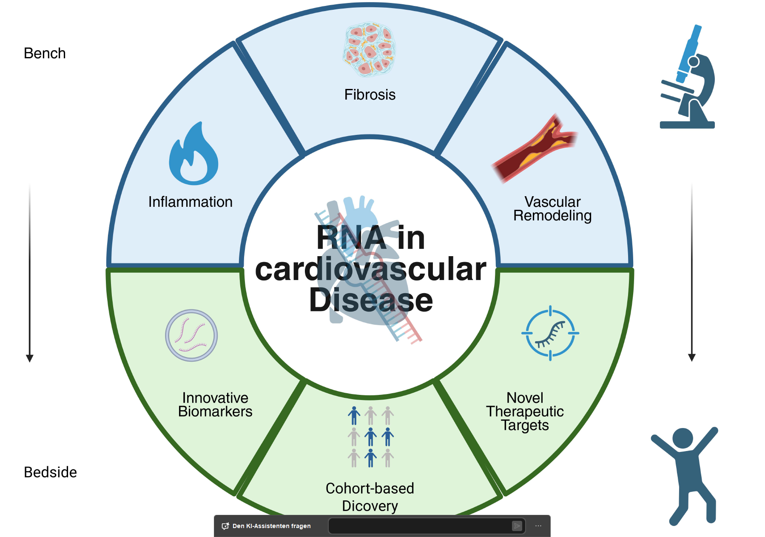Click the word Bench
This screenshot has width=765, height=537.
click(45, 54)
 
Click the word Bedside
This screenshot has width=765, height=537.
click(50, 472)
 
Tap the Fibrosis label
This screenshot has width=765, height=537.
click(370, 94)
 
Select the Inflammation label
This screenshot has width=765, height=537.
click(190, 202)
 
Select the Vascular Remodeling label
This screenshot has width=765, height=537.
click(552, 209)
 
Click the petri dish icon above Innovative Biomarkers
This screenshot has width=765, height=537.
click(191, 335)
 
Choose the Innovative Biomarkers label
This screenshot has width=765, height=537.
click(215, 405)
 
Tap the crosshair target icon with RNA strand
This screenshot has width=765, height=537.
click(550, 333)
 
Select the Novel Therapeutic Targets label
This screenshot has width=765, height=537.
click(525, 411)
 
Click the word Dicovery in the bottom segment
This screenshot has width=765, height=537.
click(370, 506)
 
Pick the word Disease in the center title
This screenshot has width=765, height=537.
click(371, 300)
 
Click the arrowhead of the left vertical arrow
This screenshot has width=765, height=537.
click(30, 358)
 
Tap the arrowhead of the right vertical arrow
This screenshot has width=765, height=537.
click(692, 357)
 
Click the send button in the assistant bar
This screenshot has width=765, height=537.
click(517, 526)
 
